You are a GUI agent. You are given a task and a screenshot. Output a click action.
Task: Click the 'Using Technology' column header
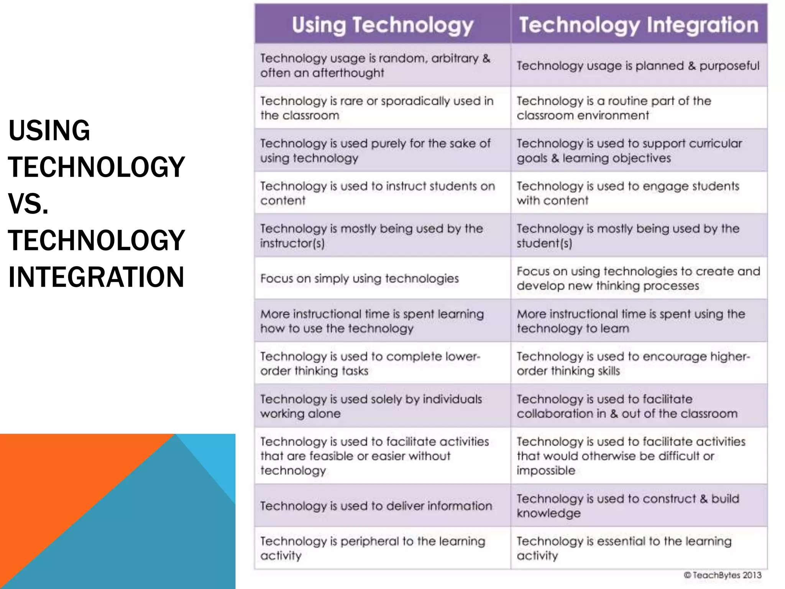click(x=383, y=25)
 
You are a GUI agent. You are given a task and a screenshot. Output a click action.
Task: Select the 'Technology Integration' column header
click(x=639, y=25)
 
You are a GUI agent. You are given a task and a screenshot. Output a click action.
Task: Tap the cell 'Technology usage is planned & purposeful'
click(x=638, y=66)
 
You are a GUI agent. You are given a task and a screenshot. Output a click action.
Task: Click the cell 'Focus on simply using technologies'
click(x=360, y=279)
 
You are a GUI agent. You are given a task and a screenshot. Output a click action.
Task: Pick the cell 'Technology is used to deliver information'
click(x=376, y=506)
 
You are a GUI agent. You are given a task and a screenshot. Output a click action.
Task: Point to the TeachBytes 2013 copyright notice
click(x=723, y=575)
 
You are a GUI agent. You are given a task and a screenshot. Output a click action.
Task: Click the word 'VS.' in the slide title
click(x=28, y=204)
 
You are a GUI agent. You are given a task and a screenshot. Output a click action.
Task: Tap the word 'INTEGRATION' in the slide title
click(x=96, y=277)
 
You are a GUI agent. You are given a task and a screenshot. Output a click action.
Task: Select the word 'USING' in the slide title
click(x=49, y=130)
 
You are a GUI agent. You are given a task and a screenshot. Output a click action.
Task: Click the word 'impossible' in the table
click(x=546, y=471)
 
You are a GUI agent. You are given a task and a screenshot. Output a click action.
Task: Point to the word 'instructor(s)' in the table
click(x=292, y=243)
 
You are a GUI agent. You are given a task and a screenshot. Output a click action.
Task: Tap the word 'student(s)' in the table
click(x=544, y=243)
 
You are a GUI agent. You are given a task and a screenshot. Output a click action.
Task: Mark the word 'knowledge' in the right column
click(x=549, y=513)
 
